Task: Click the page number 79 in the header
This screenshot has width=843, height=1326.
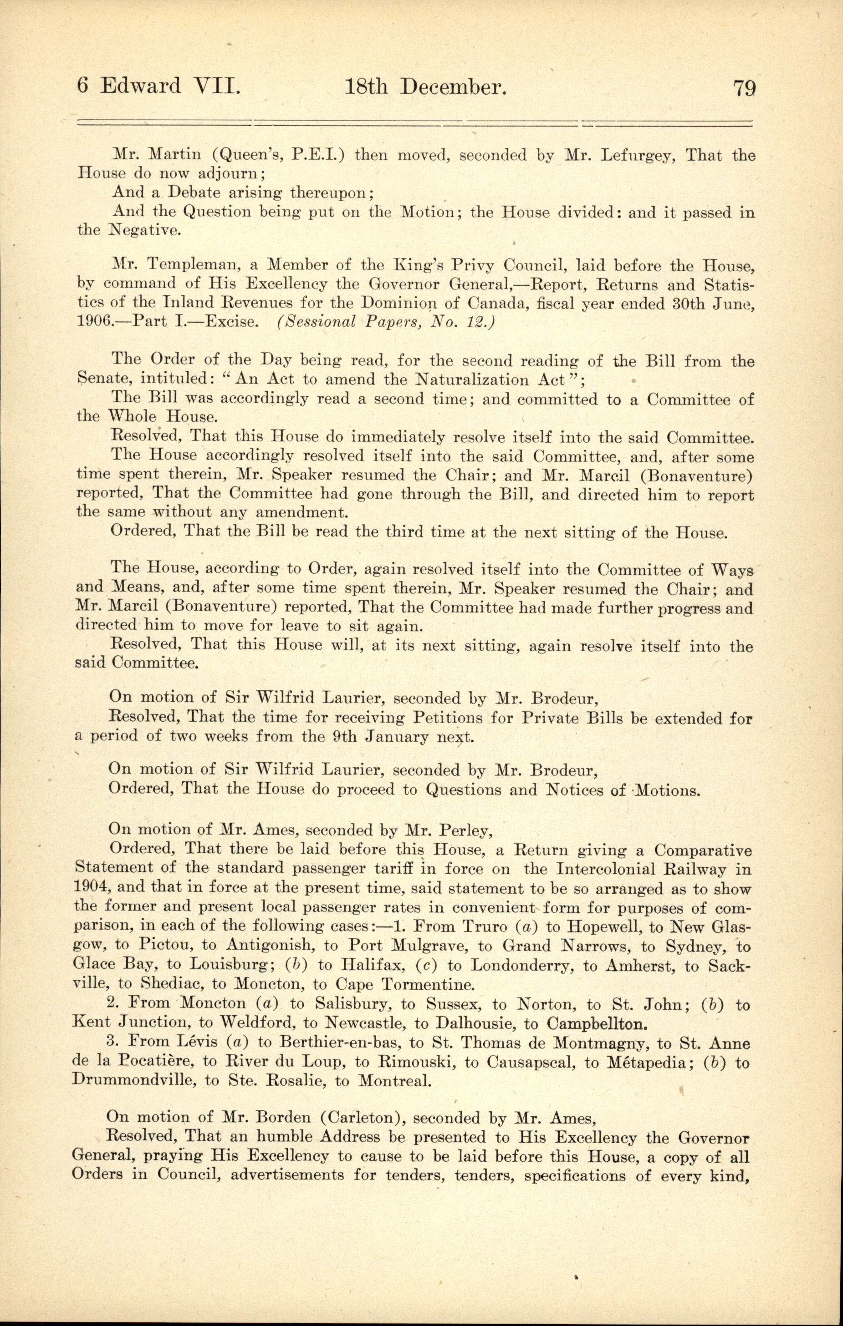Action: tap(744, 88)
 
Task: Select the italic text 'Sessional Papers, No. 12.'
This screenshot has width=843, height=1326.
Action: tap(386, 322)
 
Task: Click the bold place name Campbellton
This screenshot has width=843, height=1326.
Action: tap(597, 1024)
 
